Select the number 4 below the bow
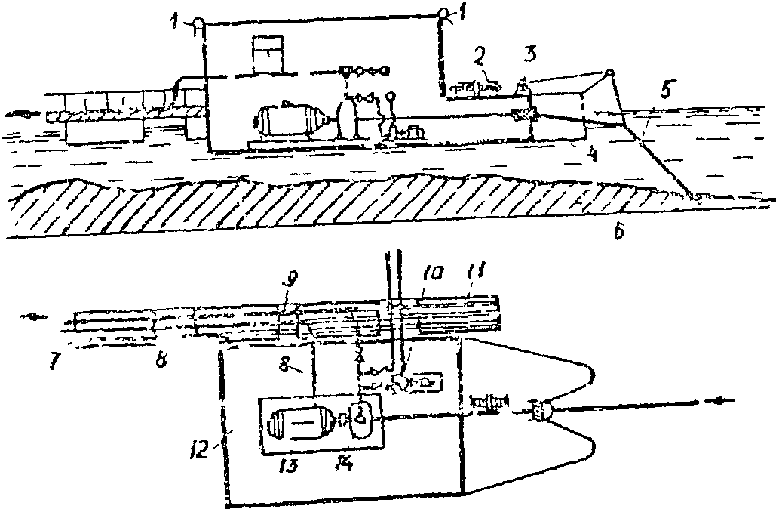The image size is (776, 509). pyautogui.click(x=594, y=155)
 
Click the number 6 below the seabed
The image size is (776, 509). pyautogui.click(x=618, y=233)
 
